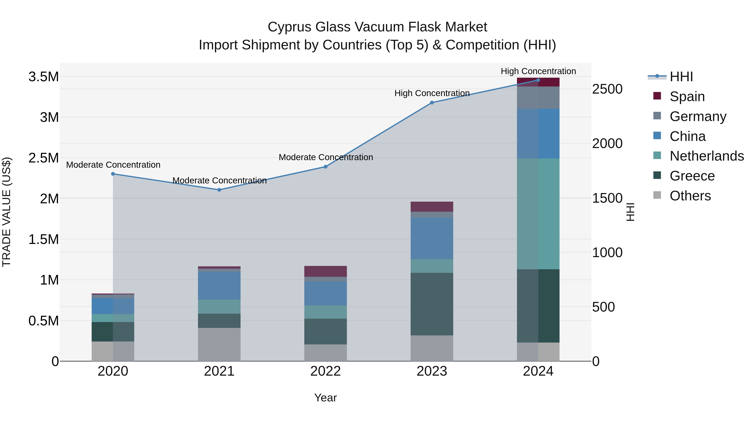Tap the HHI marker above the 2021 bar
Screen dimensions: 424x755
[x=219, y=190]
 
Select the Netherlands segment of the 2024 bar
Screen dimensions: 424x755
[x=538, y=214]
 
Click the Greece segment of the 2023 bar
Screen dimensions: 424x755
[x=432, y=304]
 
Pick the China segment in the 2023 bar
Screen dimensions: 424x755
[x=432, y=238]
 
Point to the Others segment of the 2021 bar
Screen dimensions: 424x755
[x=219, y=344]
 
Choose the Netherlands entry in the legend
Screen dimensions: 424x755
[x=706, y=156]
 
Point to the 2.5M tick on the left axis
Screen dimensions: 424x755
[x=44, y=158]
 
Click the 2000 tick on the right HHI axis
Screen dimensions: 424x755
[x=607, y=143]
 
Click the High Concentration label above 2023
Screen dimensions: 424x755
[x=432, y=93]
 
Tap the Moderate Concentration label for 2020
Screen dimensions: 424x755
[x=113, y=165]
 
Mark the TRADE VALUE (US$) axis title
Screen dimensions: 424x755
[x=7, y=212]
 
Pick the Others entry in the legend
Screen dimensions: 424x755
[x=690, y=196]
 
